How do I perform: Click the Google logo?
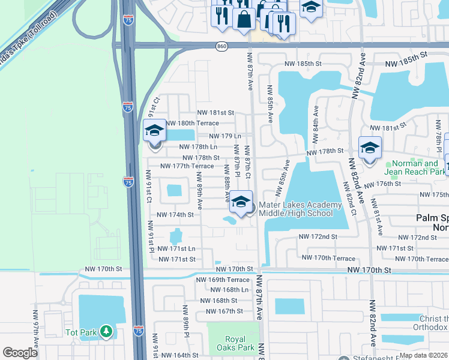tap(20, 353)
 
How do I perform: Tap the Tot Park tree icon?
tap(106, 331)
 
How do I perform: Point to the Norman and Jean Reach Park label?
tap(414, 167)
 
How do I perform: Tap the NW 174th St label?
tap(175, 214)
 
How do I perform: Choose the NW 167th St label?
tap(224, 311)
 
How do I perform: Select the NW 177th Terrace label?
tap(187, 166)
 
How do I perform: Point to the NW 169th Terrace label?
tap(223, 280)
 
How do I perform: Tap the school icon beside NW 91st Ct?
tap(154, 130)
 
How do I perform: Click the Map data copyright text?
tap(423, 355)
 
